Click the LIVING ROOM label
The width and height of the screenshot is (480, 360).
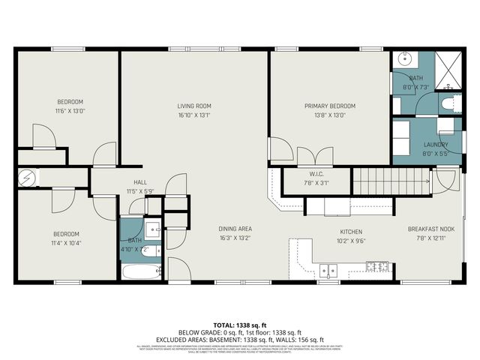[194, 106]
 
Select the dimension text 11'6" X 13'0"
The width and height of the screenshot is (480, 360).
[70, 111]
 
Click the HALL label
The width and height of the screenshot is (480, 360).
[139, 182]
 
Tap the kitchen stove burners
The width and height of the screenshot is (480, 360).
[377, 265]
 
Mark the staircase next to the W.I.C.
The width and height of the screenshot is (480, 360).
[390, 180]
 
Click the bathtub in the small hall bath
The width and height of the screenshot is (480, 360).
[141, 271]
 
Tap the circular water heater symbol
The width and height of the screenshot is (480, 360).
[26, 178]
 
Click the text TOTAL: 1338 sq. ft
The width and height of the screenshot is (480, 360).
[239, 325]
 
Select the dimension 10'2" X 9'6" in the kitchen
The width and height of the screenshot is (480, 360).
[351, 241]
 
